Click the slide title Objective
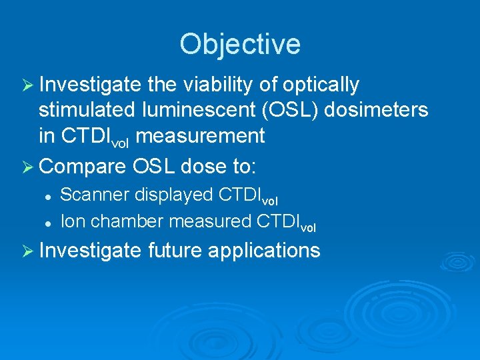[240, 44]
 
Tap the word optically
[321, 86]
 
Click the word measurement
[203, 136]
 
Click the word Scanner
[95, 195]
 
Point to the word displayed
[175, 195]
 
